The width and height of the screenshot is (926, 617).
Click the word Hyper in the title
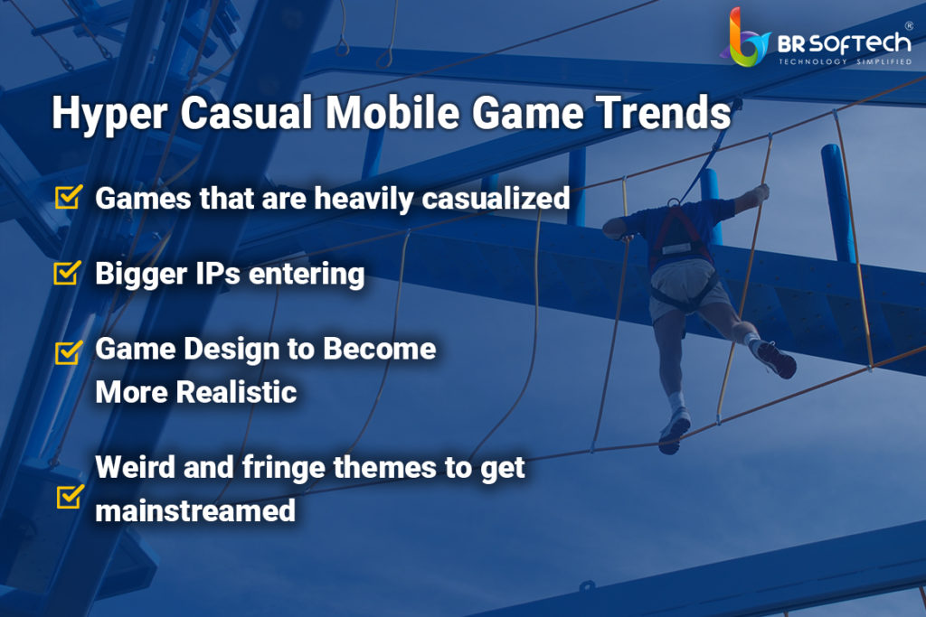(x=109, y=113)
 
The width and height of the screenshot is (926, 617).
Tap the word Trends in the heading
(x=663, y=111)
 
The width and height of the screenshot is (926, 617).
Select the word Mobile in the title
(x=392, y=111)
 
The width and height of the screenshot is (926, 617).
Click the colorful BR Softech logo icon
(x=745, y=37)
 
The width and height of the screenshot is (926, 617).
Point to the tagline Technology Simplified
(x=846, y=61)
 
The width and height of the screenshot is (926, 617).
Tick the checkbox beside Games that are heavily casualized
(x=69, y=196)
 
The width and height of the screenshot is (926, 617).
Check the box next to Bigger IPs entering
(x=67, y=272)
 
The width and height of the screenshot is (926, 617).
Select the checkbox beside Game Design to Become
(x=69, y=352)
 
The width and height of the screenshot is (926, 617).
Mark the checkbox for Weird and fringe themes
(x=71, y=496)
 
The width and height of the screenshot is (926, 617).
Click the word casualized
(x=496, y=198)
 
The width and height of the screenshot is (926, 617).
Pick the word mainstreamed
(x=195, y=510)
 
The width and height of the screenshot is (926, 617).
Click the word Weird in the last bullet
(x=136, y=466)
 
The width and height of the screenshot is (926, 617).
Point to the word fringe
(x=284, y=468)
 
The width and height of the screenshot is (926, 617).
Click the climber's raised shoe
(x=776, y=360)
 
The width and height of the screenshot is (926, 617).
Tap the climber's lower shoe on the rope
(x=674, y=431)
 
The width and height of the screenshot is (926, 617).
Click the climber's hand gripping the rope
(x=761, y=192)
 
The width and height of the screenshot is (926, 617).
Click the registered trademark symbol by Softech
(x=909, y=26)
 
